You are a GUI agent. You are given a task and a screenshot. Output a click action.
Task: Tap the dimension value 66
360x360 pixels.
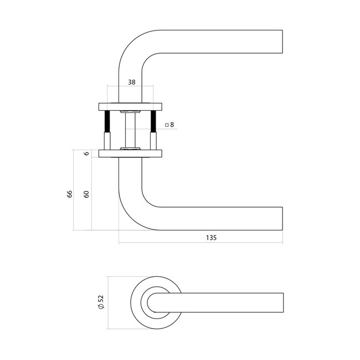click(70, 193)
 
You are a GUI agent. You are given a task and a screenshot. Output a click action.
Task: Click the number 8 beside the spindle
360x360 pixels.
click(172, 125)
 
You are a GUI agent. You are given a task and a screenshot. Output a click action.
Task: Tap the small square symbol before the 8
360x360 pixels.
click(166, 126)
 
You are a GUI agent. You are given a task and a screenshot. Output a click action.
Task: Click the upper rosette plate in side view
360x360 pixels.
click(130, 106)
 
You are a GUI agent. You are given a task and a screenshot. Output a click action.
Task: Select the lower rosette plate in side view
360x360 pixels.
click(130, 153)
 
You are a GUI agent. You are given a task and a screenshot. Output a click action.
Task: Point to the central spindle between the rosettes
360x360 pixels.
click(130, 130)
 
